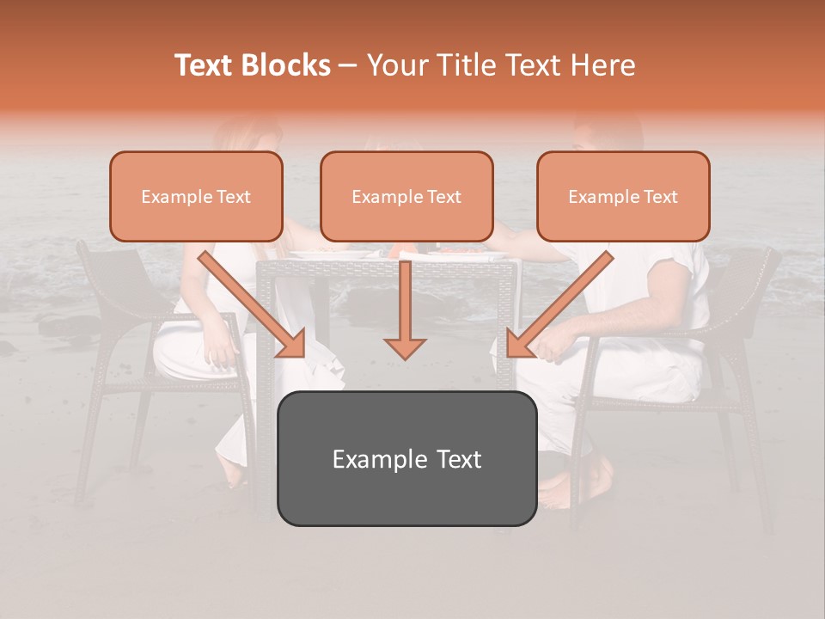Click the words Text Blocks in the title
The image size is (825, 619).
[x=253, y=65]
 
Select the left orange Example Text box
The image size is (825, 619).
[x=196, y=197]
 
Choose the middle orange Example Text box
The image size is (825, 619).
[x=406, y=197]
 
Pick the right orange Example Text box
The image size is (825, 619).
[x=623, y=197]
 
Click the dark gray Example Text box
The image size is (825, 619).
[x=406, y=458]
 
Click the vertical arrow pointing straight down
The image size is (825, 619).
[x=405, y=309]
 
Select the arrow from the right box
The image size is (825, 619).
[x=559, y=304]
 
